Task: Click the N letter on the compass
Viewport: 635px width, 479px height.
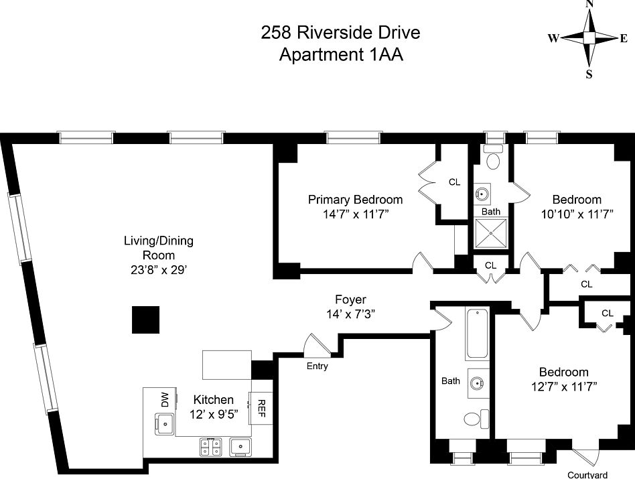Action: coord(589,3)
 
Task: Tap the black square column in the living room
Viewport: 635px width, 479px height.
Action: coord(146,320)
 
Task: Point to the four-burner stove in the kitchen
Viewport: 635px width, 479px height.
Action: coord(210,448)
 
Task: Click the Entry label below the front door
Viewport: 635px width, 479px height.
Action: coord(317,366)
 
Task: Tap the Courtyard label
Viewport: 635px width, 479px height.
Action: coord(587,475)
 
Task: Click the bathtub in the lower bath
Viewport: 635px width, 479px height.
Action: coord(477,333)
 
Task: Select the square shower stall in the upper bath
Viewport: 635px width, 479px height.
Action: coord(490,233)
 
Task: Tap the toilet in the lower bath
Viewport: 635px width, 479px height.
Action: coord(476,419)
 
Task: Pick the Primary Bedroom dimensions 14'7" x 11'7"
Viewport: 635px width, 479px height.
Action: coord(356,214)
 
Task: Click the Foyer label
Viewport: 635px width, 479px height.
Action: coord(351,299)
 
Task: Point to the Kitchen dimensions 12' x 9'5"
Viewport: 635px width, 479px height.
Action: coord(214,414)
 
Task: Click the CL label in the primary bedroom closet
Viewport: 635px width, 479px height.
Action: coord(454,182)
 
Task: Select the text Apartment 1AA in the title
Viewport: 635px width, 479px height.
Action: coord(341,54)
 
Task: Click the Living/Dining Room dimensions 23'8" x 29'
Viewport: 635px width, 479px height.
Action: coord(158,270)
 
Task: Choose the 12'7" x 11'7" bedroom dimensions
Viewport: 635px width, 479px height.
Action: coord(564,387)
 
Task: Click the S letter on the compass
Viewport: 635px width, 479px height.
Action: coord(589,74)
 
